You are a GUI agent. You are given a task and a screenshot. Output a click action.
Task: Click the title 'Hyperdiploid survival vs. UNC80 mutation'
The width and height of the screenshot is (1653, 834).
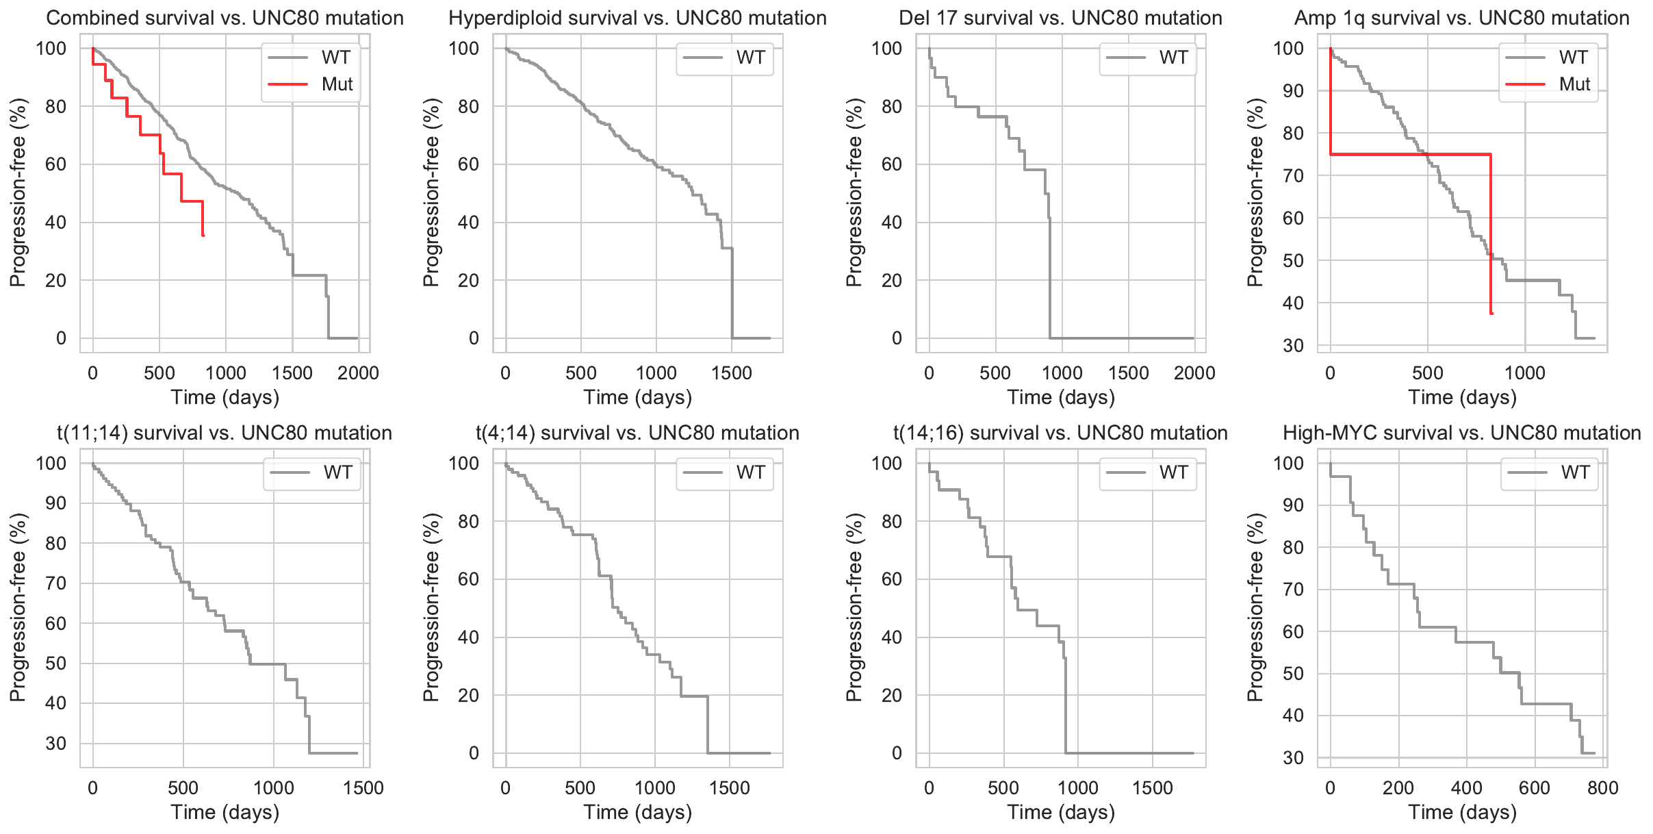click(637, 18)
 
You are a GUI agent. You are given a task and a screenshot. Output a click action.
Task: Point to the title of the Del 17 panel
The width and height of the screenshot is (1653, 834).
click(1060, 18)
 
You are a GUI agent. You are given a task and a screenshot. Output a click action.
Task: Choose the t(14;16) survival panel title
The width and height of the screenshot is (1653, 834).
click(1060, 433)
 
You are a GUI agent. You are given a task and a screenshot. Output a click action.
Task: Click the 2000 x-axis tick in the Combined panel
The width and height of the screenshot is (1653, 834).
click(358, 373)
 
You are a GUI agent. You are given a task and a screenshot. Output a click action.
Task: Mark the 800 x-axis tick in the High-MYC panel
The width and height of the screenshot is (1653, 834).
click(1603, 788)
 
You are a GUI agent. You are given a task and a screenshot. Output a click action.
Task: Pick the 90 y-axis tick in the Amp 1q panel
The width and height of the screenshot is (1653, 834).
click(1293, 91)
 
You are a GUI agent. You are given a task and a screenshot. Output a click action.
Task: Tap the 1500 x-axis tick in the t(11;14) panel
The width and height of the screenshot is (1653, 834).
click(363, 788)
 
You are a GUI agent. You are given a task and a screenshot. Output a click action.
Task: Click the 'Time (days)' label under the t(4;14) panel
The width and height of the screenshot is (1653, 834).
click(637, 812)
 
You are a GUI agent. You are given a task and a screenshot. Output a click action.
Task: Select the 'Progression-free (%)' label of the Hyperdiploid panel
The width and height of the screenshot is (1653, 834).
click(431, 192)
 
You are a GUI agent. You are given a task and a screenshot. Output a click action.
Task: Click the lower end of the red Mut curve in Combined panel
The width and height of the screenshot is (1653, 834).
click(203, 235)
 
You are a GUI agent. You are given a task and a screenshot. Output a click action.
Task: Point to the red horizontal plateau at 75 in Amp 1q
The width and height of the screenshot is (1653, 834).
click(1410, 155)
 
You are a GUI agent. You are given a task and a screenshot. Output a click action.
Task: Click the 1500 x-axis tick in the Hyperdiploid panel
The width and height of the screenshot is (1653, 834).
click(732, 373)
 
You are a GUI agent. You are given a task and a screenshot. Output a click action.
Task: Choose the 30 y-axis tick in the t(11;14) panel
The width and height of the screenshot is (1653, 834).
click(56, 744)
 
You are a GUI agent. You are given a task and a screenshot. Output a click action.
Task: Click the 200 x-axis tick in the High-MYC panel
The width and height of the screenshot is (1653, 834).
click(1398, 788)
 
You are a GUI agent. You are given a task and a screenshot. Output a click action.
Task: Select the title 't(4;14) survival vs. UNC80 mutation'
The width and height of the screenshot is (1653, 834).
click(637, 433)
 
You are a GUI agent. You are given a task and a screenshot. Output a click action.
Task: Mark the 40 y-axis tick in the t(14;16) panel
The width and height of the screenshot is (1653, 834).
click(891, 637)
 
